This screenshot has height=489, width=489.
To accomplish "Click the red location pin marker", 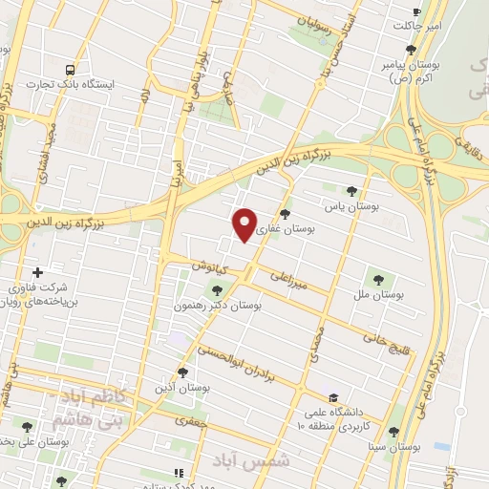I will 245,224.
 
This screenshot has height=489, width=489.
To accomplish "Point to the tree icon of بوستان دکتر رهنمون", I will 217,290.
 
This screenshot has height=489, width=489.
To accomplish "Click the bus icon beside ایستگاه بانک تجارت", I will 70,70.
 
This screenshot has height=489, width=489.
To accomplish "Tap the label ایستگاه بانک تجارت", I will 74,85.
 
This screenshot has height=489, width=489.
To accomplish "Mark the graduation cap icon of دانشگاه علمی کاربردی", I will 333,398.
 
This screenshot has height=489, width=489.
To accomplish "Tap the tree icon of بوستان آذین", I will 182,373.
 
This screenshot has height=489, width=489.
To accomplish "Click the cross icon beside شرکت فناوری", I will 38,273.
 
